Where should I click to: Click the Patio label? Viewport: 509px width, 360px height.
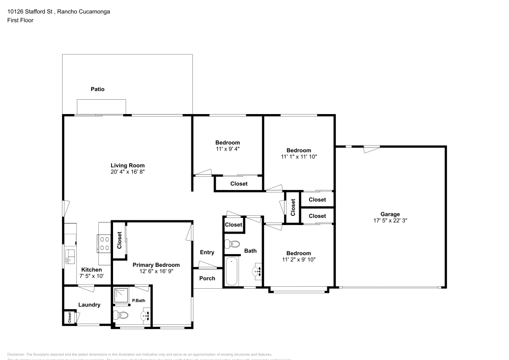(97, 89)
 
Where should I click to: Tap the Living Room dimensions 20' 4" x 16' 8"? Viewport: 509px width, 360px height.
(128, 172)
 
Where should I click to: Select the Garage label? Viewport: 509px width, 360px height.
(390, 214)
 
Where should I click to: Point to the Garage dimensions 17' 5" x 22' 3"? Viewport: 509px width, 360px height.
(390, 221)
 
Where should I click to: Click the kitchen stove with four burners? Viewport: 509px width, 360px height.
(104, 243)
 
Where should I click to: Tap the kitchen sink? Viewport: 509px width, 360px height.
(70, 256)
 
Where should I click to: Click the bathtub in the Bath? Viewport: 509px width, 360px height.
(231, 271)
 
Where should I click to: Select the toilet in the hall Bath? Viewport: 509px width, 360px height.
(232, 244)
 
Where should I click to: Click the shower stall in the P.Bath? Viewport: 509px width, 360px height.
(121, 296)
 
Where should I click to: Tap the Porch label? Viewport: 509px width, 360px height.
(207, 279)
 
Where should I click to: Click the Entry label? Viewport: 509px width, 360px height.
(207, 252)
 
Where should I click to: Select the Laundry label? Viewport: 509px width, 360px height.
(89, 305)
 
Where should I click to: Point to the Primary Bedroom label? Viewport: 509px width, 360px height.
(156, 265)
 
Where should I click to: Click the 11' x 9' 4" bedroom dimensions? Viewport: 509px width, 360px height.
(228, 149)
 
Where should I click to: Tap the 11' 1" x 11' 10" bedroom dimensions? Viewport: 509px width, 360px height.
(298, 157)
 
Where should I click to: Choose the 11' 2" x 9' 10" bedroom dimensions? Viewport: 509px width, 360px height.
(298, 260)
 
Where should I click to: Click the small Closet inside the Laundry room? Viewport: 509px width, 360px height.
(68, 317)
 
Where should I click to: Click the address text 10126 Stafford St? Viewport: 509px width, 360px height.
(31, 11)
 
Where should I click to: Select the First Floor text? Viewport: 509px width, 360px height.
(20, 20)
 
